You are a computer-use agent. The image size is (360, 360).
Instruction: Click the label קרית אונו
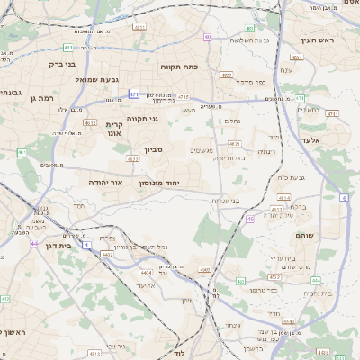tap(114, 129)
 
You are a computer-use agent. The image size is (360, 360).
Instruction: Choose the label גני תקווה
tap(141, 118)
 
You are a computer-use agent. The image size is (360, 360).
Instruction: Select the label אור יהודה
tap(103, 183)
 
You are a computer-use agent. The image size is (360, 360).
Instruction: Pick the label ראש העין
tap(319, 40)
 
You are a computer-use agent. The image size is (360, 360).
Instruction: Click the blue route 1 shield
tap(87, 245)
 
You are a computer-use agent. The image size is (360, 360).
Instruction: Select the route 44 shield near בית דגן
tap(33, 244)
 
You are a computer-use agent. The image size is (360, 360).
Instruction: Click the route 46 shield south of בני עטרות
tap(249, 219)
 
